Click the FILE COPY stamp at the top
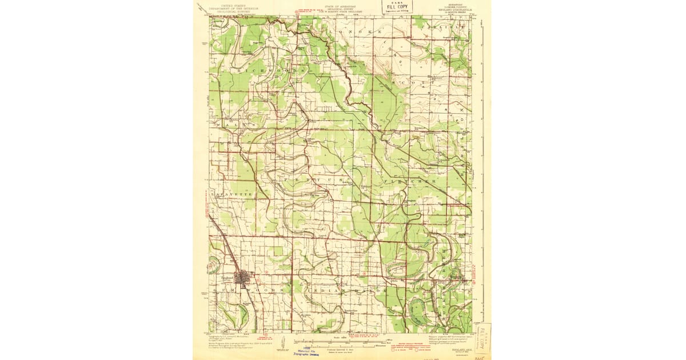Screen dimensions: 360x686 pos(397,7)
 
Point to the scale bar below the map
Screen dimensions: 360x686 pos(343,346)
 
